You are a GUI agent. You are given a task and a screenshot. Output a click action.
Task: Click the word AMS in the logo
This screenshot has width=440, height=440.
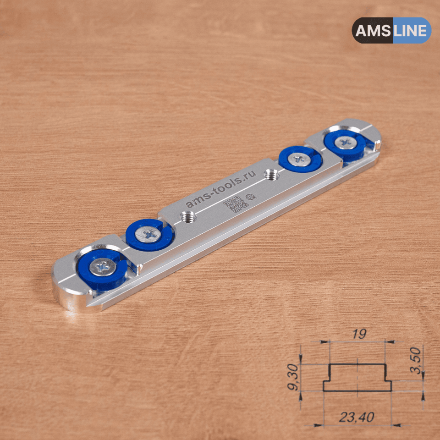coord(373,30)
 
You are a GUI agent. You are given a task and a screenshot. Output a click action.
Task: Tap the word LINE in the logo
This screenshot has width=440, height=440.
coord(410,30)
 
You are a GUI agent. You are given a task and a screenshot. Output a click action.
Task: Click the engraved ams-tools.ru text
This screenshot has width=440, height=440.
coord(221,188)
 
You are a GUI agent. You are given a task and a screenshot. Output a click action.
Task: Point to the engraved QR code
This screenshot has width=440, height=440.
coord(236,204)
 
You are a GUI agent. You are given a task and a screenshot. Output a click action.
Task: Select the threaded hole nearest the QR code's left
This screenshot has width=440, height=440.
coord(188,216)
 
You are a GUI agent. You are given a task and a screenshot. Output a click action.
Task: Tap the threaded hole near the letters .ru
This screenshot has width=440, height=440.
coord(271,175)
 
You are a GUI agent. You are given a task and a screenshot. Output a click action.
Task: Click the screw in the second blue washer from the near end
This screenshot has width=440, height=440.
coord(148,234)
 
